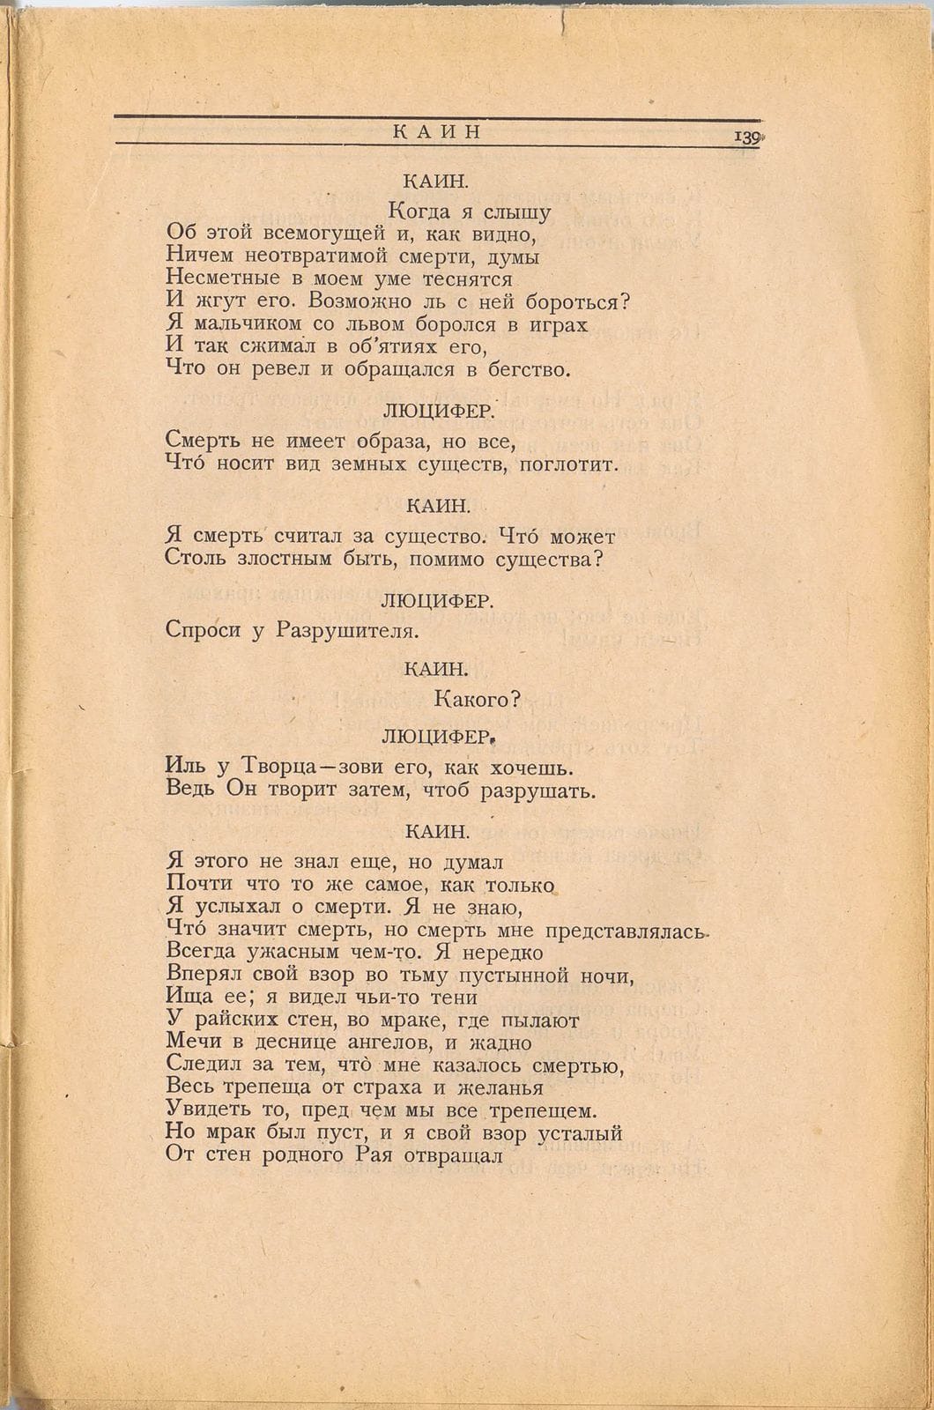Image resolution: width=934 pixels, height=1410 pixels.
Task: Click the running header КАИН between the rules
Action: tap(436, 132)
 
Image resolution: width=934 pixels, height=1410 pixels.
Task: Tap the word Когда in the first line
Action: tap(420, 212)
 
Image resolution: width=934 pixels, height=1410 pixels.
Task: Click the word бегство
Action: tap(529, 369)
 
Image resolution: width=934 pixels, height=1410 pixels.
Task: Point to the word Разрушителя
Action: tap(345, 630)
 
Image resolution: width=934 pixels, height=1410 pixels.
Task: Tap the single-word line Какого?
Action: tap(478, 700)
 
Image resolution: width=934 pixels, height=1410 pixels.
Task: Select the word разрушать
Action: tap(537, 790)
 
